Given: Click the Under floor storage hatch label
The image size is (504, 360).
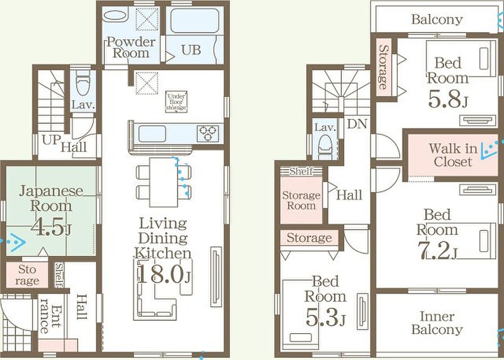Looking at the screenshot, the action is (x=176, y=102).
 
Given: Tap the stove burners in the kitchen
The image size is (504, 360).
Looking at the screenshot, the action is (x=208, y=133).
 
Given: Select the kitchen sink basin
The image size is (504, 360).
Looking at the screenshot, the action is (x=152, y=134).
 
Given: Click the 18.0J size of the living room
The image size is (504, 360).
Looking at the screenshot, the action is (x=164, y=274).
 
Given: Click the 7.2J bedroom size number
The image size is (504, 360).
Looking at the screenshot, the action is (x=437, y=251).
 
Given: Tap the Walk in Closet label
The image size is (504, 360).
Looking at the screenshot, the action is (x=453, y=155).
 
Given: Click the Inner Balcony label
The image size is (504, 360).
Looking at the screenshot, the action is (x=437, y=323).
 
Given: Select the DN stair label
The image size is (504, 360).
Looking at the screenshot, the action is (x=357, y=124).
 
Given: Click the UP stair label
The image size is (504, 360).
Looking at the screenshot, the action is (x=51, y=139).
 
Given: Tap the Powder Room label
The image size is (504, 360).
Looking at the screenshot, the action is (x=131, y=47).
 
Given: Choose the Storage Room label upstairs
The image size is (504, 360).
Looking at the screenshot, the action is (x=301, y=200).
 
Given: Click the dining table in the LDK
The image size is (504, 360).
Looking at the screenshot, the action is (x=164, y=182).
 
